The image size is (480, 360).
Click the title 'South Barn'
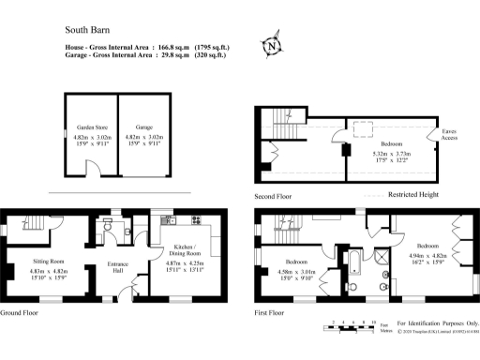coord(85,30)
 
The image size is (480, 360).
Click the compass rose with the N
coord(272,45)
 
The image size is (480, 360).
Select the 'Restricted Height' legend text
coord(415,195)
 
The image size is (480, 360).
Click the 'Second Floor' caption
coord(275,197)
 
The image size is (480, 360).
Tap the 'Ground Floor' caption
coord(19,312)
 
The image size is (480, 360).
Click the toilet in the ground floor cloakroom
coord(111,226)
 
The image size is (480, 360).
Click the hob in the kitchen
coord(198,221)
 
